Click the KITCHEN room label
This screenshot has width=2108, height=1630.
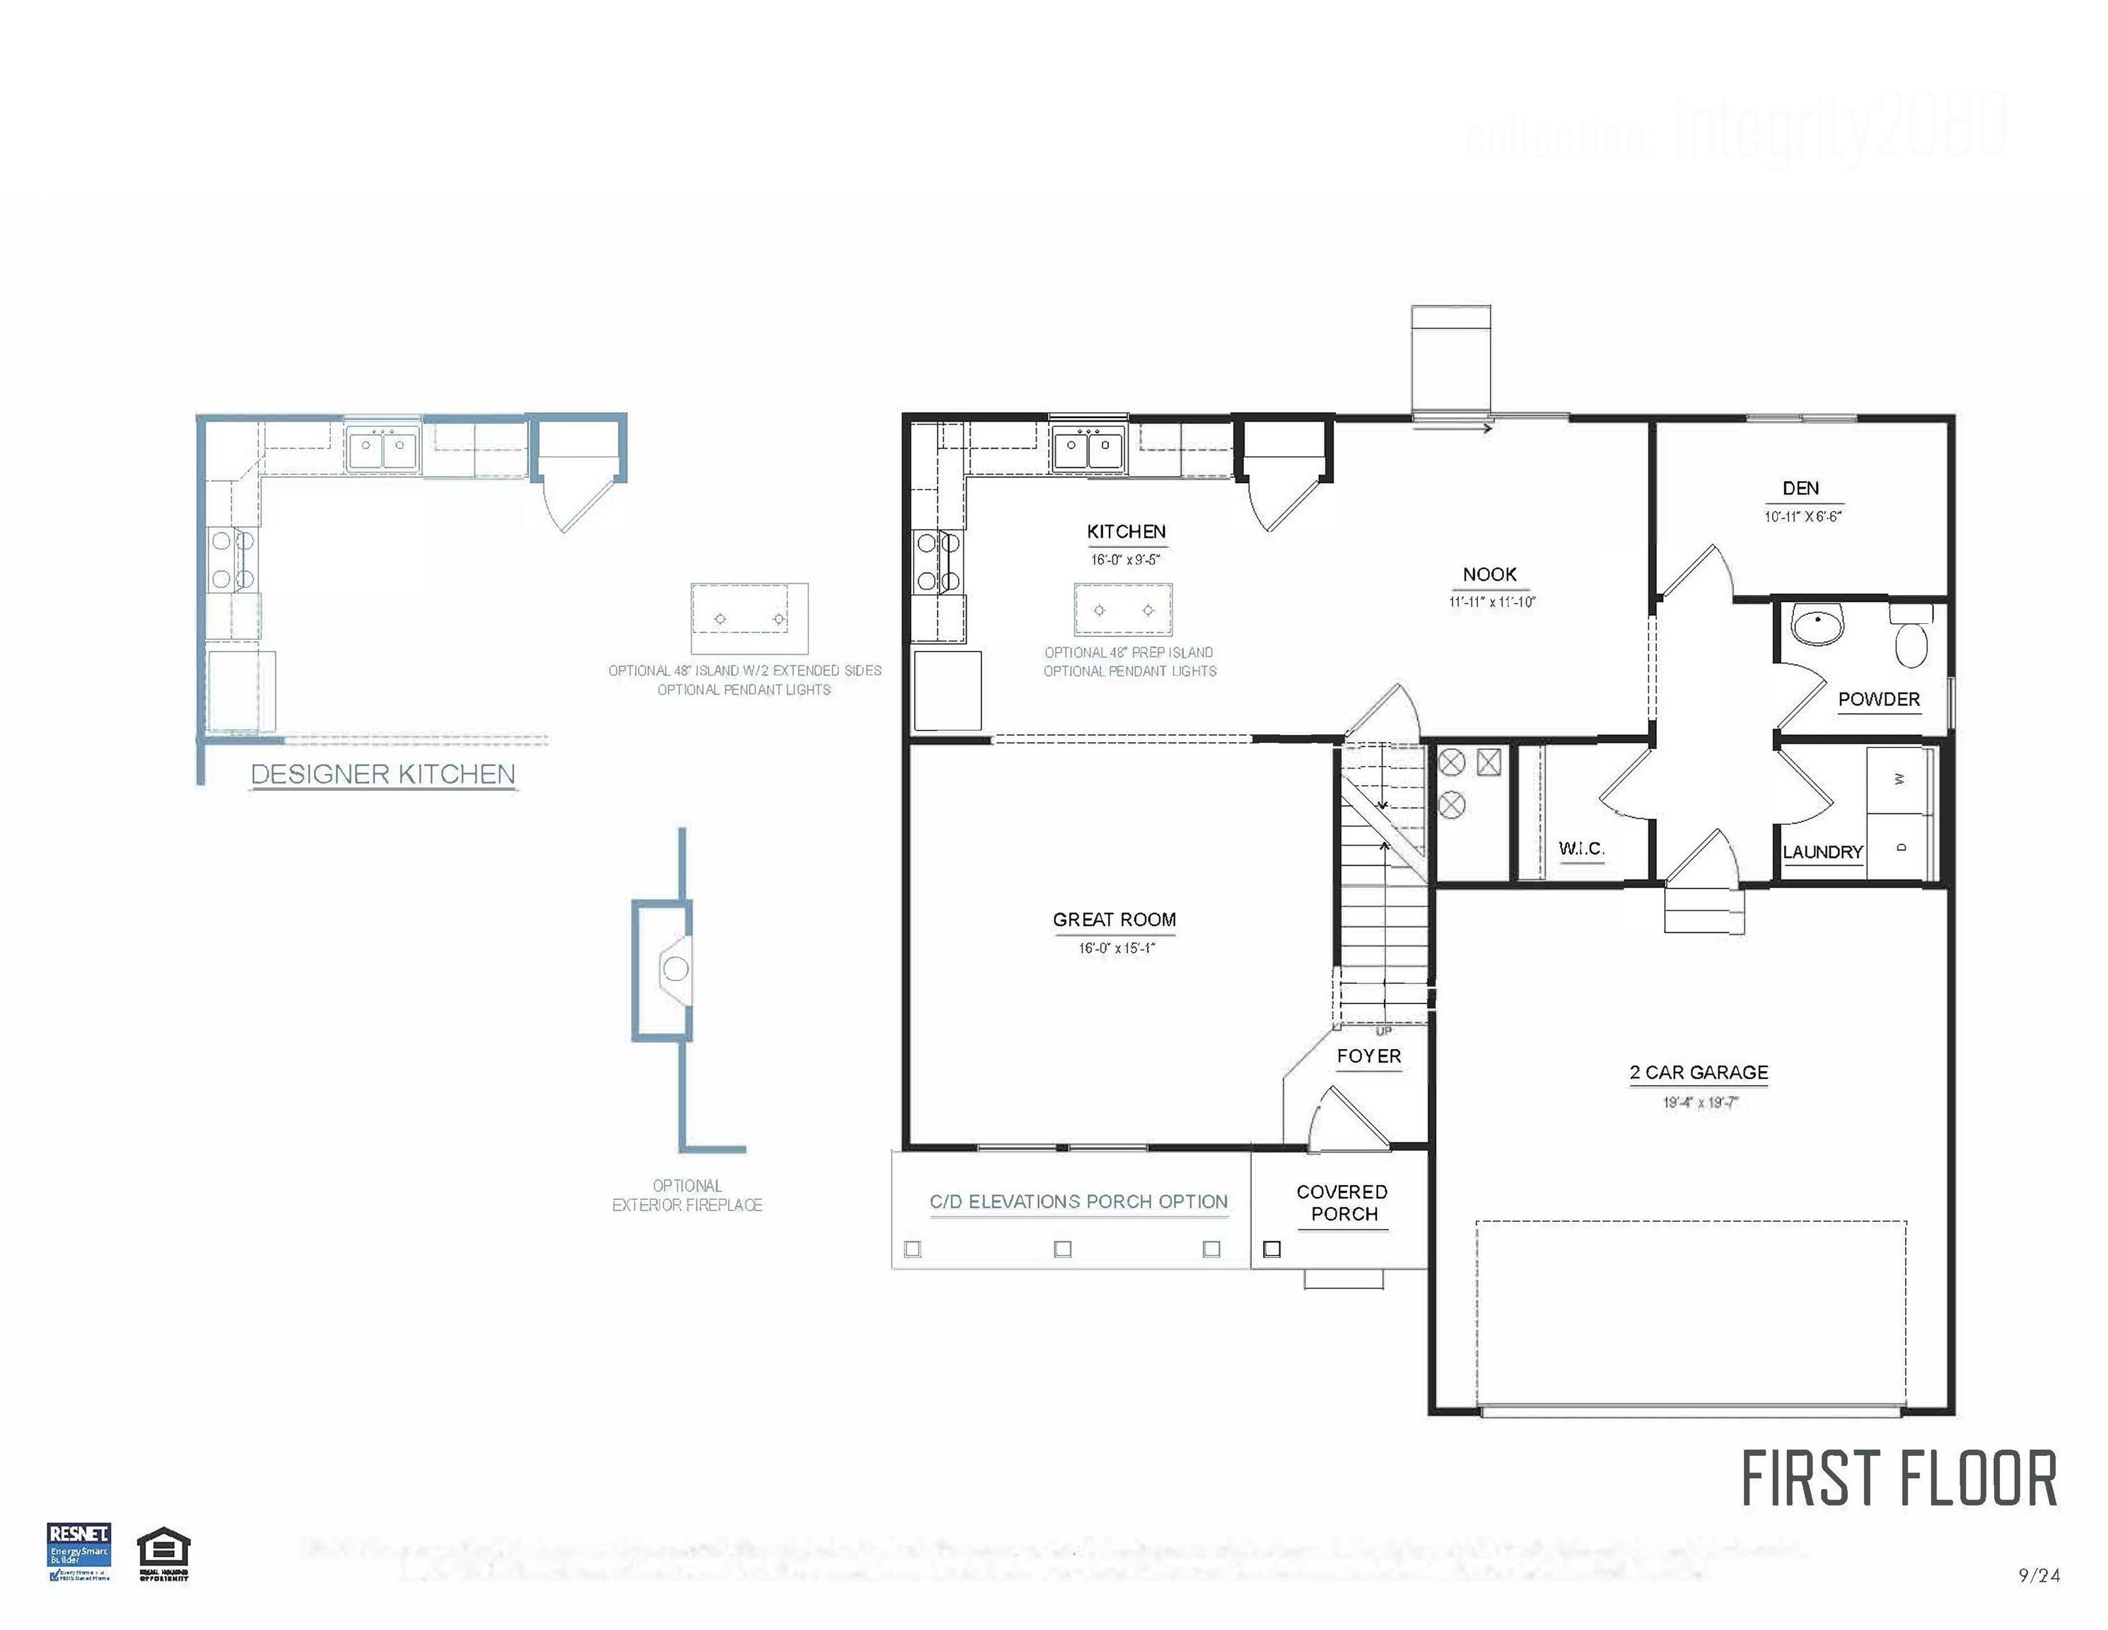click(x=1126, y=532)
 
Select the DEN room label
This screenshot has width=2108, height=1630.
click(x=1800, y=489)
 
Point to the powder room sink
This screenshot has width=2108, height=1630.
click(x=1817, y=625)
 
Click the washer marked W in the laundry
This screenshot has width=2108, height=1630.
click(x=1899, y=779)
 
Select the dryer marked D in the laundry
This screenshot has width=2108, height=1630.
click(x=1899, y=847)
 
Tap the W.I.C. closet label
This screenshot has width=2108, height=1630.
click(x=1581, y=849)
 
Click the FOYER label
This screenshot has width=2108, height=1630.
click(x=1368, y=1056)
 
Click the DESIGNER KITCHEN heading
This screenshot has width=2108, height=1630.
click(x=383, y=775)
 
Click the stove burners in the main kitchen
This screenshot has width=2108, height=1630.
click(x=937, y=562)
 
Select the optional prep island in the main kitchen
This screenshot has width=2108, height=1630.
click(x=1124, y=609)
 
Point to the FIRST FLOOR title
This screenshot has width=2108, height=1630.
click(x=1899, y=1479)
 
